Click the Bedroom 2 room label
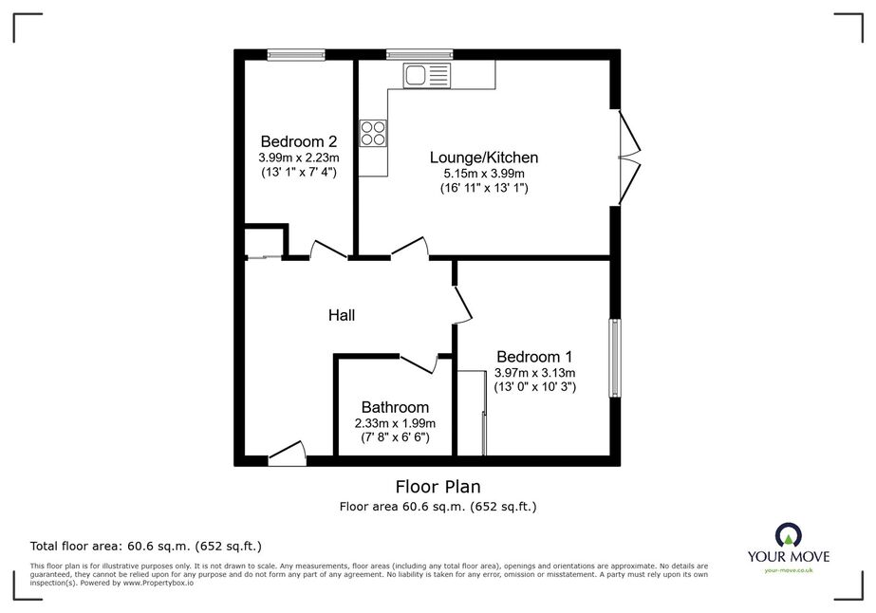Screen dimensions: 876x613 (x=298, y=141)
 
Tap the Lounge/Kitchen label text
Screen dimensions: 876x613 (x=484, y=158)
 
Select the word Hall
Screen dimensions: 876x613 (x=342, y=316)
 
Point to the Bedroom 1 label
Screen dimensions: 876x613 (x=534, y=357)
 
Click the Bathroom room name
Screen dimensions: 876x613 (x=395, y=407)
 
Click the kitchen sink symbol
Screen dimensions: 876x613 (x=426, y=75)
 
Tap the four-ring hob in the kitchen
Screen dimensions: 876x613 (x=373, y=133)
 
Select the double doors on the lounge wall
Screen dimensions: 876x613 (x=629, y=157)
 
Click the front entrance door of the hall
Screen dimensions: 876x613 (x=288, y=454)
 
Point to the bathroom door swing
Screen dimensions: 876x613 (x=419, y=363)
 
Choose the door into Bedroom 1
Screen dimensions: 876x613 (x=462, y=306)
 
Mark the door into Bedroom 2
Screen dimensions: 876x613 (x=328, y=250)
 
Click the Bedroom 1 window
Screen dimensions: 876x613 (x=615, y=358)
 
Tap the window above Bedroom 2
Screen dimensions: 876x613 (x=295, y=54)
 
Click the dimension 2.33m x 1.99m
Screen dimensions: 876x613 (x=395, y=423)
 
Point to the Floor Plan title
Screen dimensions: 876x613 (x=438, y=487)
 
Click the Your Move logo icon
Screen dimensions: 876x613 (x=789, y=535)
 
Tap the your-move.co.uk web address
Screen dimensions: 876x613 (x=789, y=570)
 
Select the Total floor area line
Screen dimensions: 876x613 (x=146, y=546)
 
